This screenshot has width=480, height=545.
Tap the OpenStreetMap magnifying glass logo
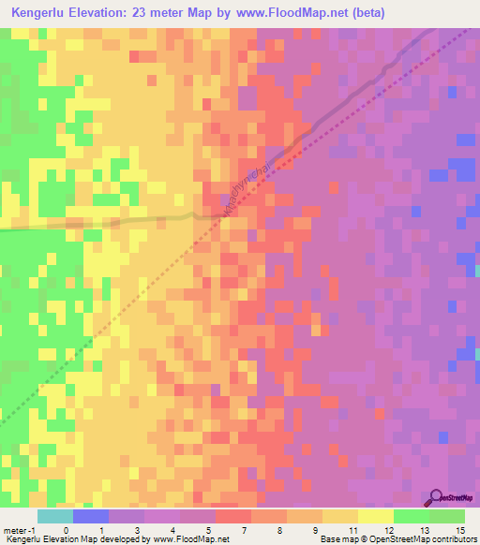pos(437,497)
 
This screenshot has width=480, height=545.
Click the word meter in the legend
pos(14,504)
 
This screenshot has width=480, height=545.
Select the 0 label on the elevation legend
pos(67,504)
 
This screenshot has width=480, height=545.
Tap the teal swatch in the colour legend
pos(54,516)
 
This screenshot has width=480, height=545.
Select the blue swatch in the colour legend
pos(90,516)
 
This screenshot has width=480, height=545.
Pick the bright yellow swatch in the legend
pos(375,516)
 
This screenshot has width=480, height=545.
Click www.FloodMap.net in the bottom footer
pos(191,539)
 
